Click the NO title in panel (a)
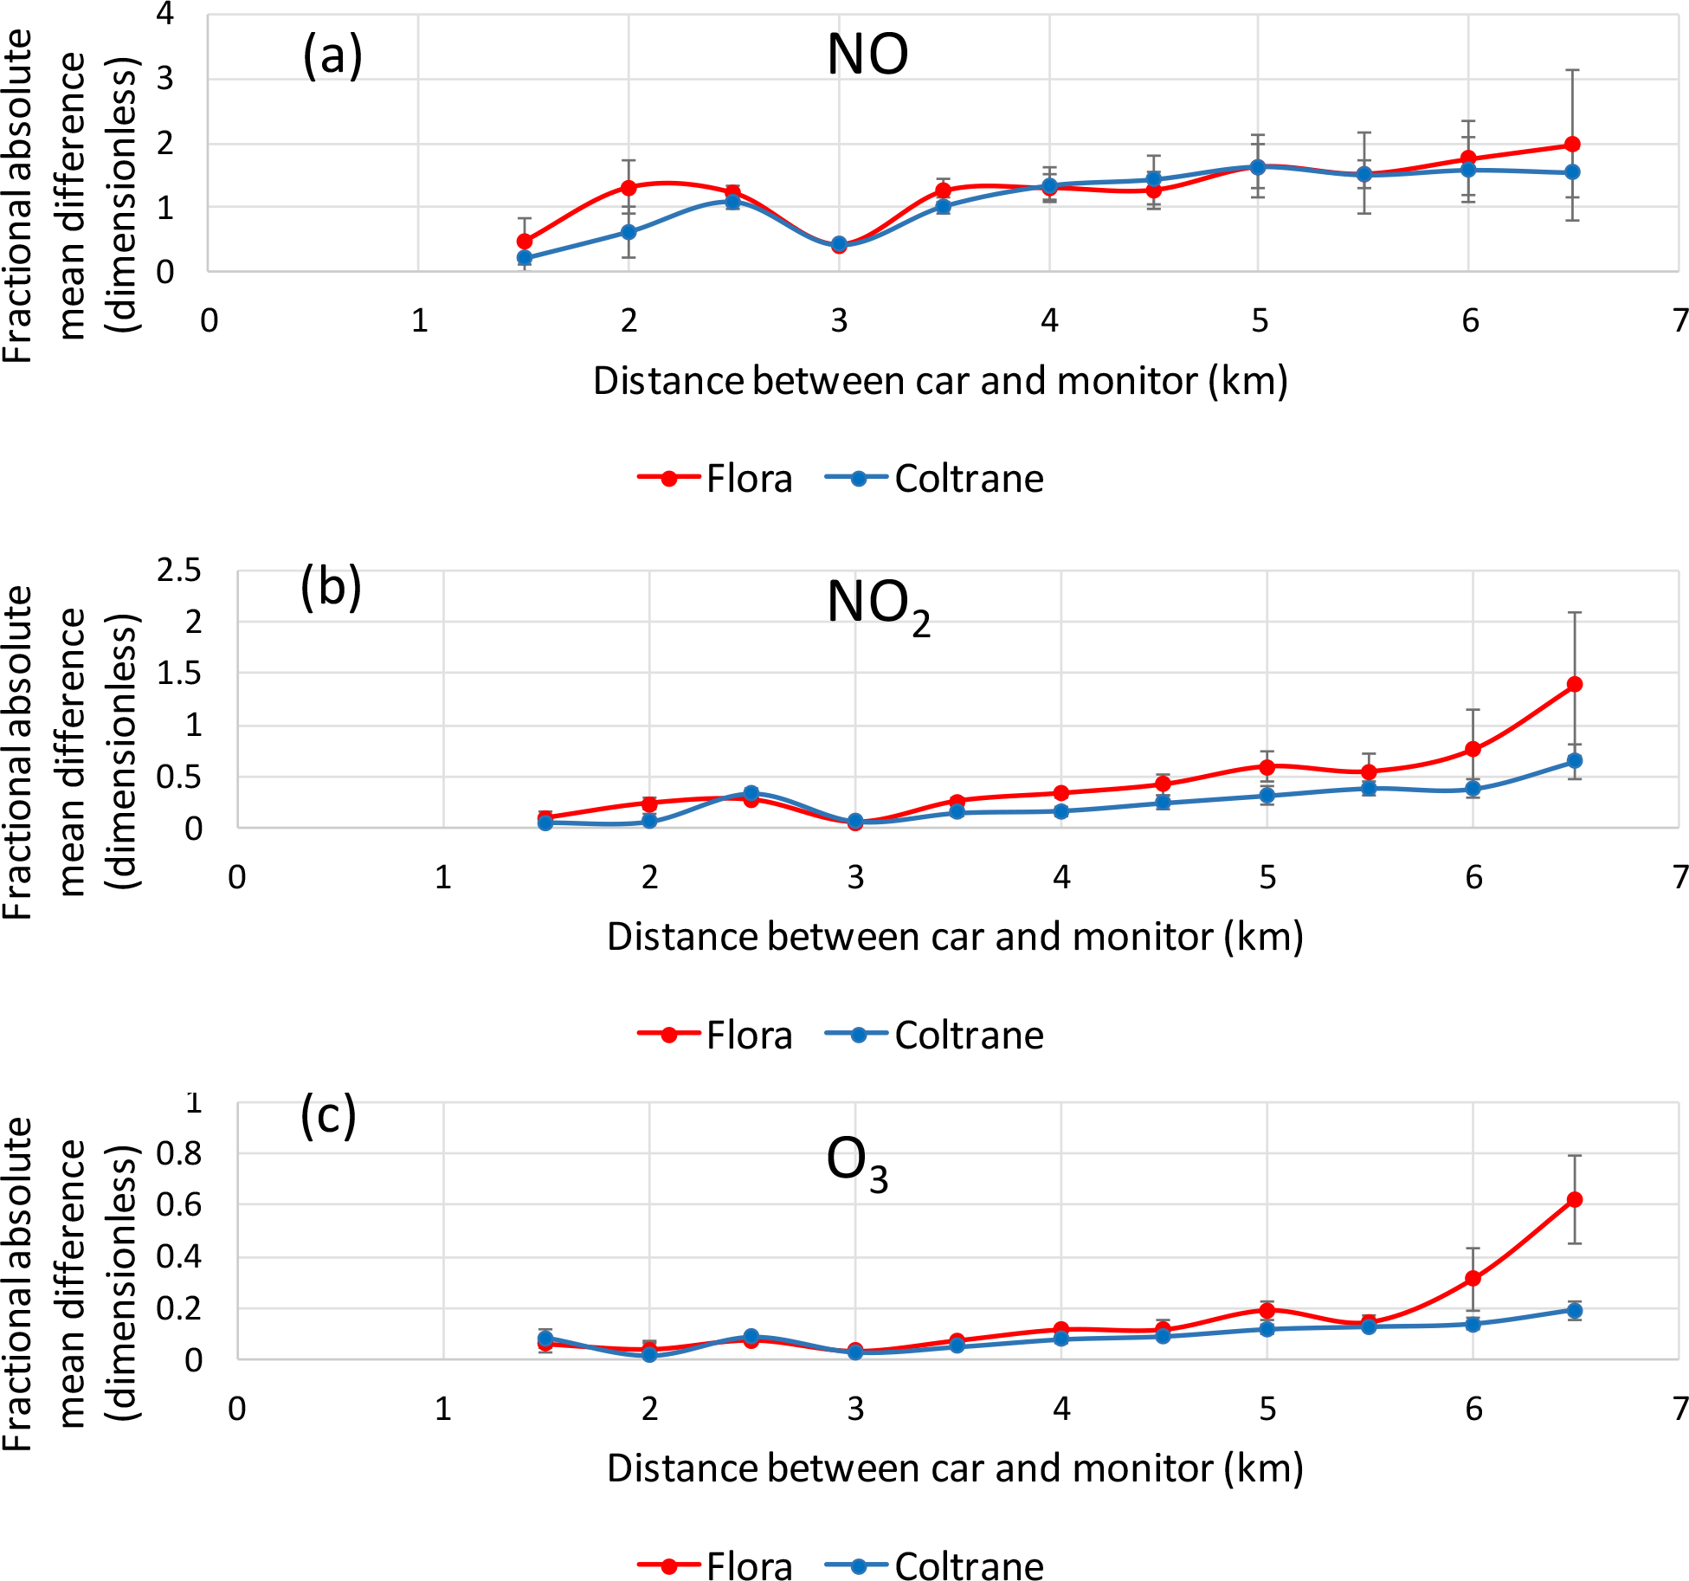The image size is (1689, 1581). coord(867,55)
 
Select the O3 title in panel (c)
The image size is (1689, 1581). coord(857,1162)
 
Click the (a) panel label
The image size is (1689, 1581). coord(332,56)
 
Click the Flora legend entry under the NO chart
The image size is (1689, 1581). coord(715,479)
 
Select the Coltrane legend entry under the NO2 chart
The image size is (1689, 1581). coord(935,1035)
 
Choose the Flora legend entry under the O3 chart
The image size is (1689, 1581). coord(715,1565)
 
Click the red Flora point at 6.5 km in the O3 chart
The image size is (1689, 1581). coord(1575,1199)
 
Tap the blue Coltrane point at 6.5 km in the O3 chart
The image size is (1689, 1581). coord(1575,1310)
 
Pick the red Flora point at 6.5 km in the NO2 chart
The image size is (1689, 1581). coord(1575,684)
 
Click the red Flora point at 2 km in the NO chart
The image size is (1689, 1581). coord(629,187)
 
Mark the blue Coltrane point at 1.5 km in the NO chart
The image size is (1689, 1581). coord(525,257)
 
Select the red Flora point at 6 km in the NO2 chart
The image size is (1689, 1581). coord(1473,749)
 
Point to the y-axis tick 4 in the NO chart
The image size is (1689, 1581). coord(164,14)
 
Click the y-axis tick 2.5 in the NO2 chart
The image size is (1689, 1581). coord(178,571)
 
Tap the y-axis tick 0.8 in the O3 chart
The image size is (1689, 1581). coord(178,1153)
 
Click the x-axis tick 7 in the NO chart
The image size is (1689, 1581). coord(1679,321)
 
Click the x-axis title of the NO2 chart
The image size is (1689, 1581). coord(955,936)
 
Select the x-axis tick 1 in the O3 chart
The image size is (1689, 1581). coord(443,1409)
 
